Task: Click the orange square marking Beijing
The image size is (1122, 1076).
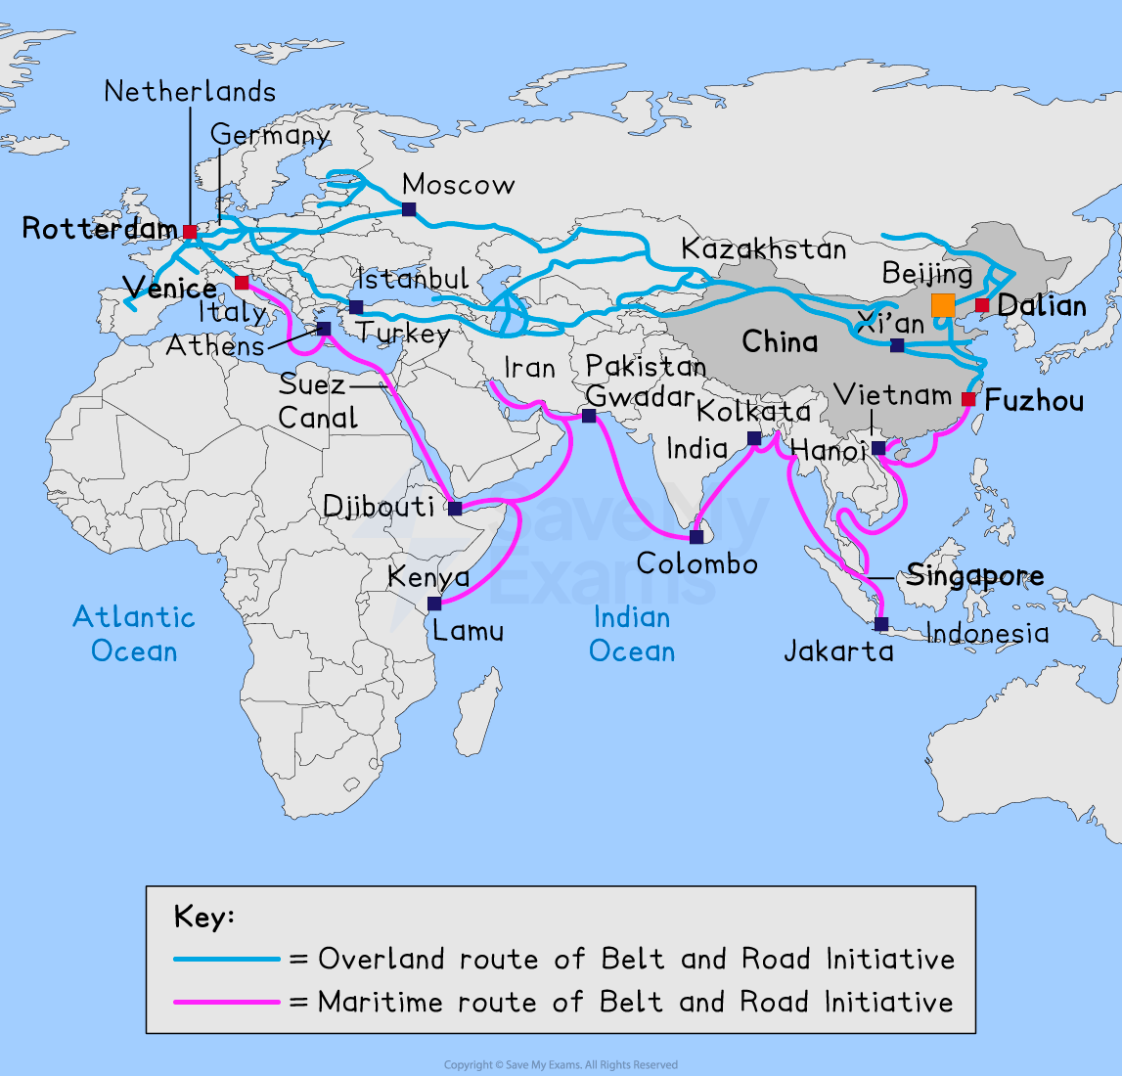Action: pyautogui.click(x=942, y=304)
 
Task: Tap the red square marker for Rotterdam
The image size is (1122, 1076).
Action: pyautogui.click(x=190, y=232)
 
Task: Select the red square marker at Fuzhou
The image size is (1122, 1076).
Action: pyautogui.click(x=968, y=399)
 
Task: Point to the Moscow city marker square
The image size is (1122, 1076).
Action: pyautogui.click(x=408, y=208)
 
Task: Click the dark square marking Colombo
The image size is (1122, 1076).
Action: pyautogui.click(x=696, y=537)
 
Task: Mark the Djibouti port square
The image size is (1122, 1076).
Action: pyautogui.click(x=455, y=508)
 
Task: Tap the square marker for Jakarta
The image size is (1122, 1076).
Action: pyautogui.click(x=881, y=623)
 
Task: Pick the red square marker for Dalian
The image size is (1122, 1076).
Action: pyautogui.click(x=982, y=305)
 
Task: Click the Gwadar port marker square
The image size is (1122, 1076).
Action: pyautogui.click(x=588, y=416)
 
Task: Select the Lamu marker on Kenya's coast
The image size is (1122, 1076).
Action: pyautogui.click(x=434, y=604)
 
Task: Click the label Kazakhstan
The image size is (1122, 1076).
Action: pyautogui.click(x=763, y=248)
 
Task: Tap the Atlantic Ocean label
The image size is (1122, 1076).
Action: pyautogui.click(x=134, y=634)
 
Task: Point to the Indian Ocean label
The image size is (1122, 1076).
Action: pyautogui.click(x=632, y=634)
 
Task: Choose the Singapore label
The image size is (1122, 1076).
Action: pyautogui.click(x=975, y=575)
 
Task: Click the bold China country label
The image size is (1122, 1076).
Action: pyautogui.click(x=780, y=341)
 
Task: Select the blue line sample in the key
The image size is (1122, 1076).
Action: pyautogui.click(x=227, y=960)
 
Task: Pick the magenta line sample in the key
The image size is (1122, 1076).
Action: pyautogui.click(x=227, y=1003)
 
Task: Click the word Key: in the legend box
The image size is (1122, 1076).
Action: pyautogui.click(x=204, y=918)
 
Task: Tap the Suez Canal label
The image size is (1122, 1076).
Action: pyautogui.click(x=317, y=401)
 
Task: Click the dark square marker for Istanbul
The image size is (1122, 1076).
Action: pyautogui.click(x=355, y=307)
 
